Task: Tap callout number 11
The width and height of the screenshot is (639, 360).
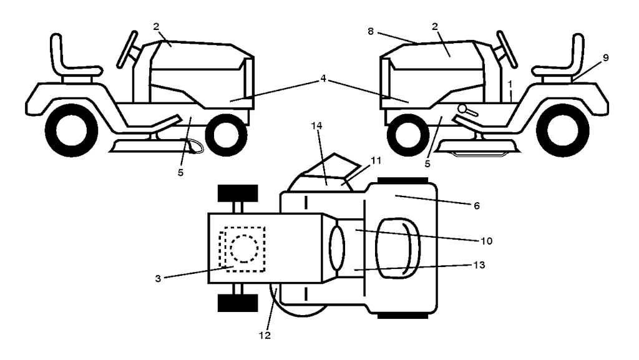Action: pyautogui.click(x=376, y=160)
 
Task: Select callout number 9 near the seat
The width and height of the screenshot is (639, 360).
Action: pyautogui.click(x=605, y=57)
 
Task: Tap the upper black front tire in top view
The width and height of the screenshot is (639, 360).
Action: pyautogui.click(x=236, y=193)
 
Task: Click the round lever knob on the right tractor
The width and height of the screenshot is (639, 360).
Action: pyautogui.click(x=462, y=109)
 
